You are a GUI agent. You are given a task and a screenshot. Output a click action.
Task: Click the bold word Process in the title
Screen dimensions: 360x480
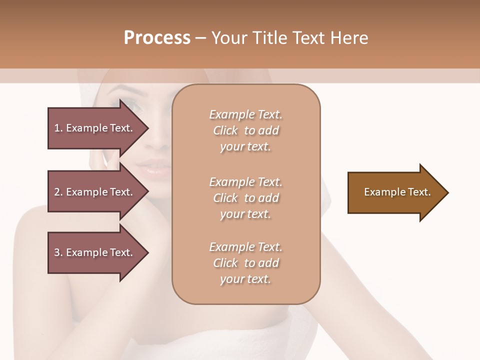pos(157,38)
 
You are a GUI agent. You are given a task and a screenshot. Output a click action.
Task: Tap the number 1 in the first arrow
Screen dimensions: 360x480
pos(57,128)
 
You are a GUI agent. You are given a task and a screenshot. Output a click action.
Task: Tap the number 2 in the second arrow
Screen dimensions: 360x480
pos(57,192)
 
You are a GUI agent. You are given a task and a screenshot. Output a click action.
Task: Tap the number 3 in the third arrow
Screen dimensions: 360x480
pos(57,252)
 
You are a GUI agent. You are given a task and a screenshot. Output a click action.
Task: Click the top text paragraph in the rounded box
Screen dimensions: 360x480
pos(245,130)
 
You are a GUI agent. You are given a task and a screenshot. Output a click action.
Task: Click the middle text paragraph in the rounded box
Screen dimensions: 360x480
pos(245,198)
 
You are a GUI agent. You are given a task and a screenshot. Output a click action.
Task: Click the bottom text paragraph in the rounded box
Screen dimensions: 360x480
pos(245,263)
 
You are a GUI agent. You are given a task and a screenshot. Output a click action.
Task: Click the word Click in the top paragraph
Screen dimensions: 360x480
pos(225,130)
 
